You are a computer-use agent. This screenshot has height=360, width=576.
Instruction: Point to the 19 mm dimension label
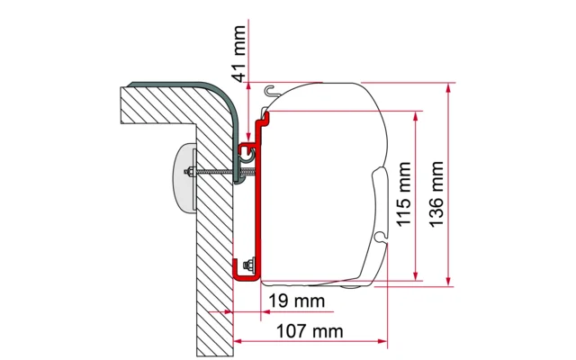pos(290,300)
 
